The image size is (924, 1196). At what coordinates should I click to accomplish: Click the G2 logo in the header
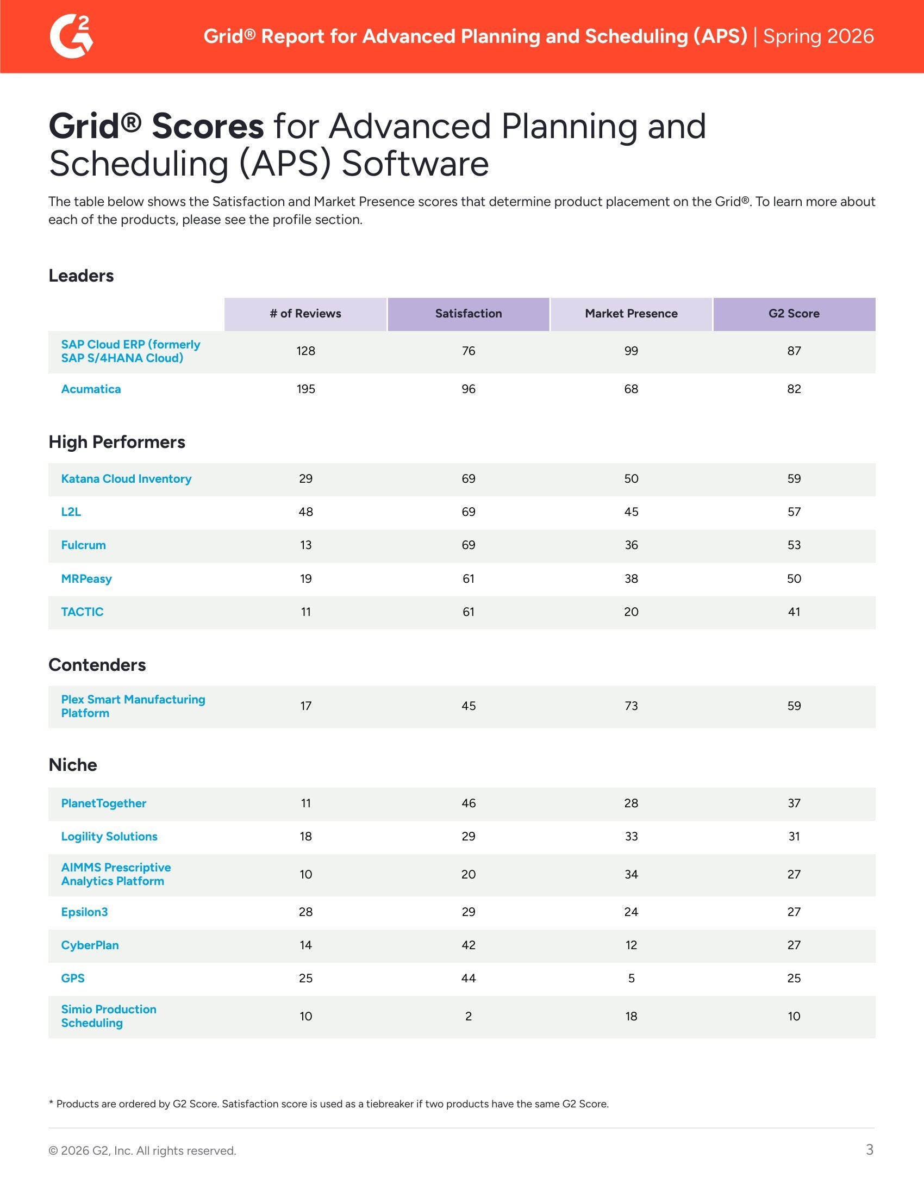tap(72, 36)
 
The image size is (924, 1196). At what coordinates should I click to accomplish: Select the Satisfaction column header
tap(468, 314)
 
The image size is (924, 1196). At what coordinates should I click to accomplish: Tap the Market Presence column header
tap(630, 314)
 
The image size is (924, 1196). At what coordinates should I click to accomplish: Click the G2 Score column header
tap(794, 314)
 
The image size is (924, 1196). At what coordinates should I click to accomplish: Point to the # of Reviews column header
tap(305, 314)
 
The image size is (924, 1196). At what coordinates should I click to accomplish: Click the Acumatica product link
tap(91, 389)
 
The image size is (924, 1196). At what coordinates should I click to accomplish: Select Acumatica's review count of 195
tap(305, 389)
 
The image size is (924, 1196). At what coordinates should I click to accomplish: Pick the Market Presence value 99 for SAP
tap(630, 351)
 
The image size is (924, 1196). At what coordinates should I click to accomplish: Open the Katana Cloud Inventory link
tap(126, 479)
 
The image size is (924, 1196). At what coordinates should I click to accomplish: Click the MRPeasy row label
tap(86, 579)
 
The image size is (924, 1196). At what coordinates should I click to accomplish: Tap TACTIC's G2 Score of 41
tap(794, 612)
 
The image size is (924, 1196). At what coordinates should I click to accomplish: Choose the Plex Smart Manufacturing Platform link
tap(133, 706)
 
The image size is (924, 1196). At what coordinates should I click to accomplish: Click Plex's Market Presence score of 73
tap(630, 706)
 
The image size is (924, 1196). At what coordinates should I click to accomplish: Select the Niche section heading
tap(73, 765)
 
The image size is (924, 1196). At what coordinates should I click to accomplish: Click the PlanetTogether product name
tap(103, 803)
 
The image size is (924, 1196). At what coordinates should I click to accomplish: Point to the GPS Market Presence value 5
tap(630, 979)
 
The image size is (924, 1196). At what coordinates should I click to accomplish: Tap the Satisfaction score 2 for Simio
tap(468, 1017)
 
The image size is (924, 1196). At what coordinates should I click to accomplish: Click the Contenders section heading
tap(97, 665)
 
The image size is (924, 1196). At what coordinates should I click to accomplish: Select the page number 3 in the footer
tap(869, 1149)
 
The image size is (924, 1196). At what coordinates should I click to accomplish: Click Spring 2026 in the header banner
tap(818, 36)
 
